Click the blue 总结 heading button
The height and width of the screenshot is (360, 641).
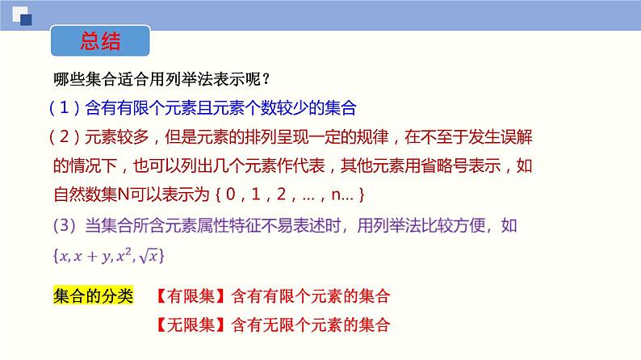[101, 42]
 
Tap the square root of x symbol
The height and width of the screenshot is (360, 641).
[152, 255]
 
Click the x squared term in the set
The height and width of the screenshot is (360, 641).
[125, 255]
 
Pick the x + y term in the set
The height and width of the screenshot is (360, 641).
[93, 256]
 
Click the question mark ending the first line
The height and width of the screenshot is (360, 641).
[266, 80]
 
